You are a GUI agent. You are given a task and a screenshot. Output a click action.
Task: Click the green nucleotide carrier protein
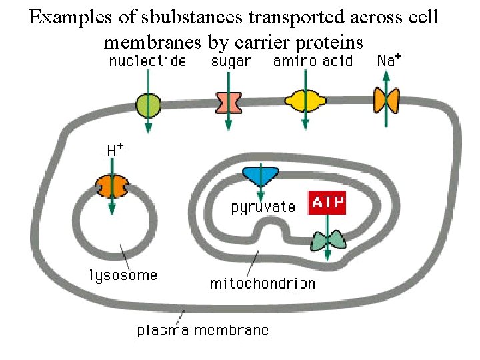148,104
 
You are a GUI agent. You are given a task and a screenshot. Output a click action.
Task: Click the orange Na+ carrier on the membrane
386,100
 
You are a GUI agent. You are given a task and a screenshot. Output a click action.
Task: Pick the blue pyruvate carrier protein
259,175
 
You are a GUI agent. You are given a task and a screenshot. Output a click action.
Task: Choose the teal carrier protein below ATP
328,241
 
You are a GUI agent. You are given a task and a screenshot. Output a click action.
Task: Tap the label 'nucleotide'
147,61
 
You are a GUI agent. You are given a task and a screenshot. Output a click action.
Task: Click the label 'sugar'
231,62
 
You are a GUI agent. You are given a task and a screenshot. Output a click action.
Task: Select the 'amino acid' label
312,61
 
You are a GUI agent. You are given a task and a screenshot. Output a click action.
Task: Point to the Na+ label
389,59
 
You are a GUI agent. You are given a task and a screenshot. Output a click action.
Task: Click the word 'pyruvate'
263,207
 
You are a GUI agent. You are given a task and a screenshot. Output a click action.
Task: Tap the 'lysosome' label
123,275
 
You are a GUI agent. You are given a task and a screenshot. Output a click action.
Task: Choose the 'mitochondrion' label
263,283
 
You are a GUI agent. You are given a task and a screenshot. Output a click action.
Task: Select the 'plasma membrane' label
203,330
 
